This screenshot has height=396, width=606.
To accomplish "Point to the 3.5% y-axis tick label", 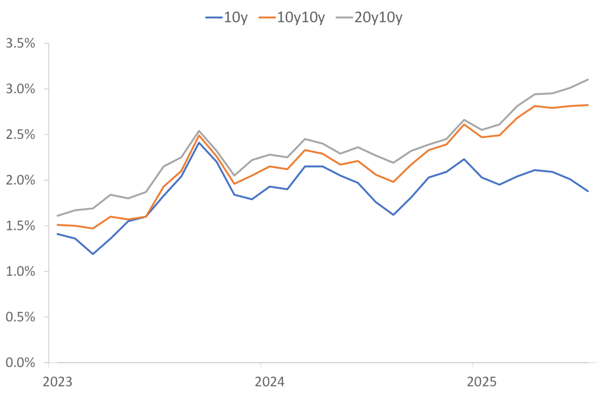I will coord(21,43).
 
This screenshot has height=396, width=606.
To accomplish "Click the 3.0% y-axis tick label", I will coord(21,89).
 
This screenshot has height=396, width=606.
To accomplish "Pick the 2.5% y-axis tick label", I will coord(21,134).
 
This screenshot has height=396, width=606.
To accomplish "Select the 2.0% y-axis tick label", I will coord(21,180).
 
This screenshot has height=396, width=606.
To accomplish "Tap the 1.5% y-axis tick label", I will coord(21,226).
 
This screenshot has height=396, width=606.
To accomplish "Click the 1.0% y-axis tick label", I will coord(21,271).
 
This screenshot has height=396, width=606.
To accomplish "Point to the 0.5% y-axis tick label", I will coord(21,317).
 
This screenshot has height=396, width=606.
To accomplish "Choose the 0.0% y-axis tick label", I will coord(21,362).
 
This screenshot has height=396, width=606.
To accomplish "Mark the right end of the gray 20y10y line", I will coord(588,79).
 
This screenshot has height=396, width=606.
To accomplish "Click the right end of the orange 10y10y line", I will coord(588,105).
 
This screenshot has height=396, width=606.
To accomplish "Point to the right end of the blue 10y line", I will coord(588,191).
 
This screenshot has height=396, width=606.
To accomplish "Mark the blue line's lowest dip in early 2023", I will coord(92,254).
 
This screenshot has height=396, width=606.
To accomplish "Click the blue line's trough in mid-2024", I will coord(394,214).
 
